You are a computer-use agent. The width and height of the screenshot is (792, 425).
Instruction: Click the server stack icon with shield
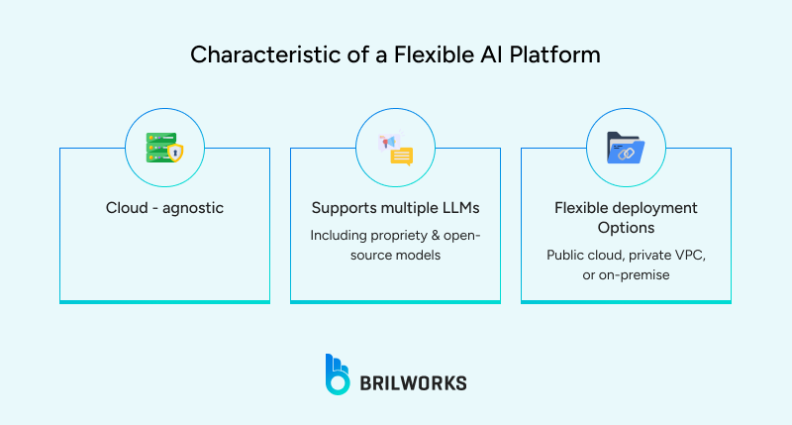pos(163,148)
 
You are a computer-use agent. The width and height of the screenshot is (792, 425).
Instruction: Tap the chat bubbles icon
pos(395,150)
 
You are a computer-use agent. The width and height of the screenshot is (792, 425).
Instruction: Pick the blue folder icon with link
pos(626,149)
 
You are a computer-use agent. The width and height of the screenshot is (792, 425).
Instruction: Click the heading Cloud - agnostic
pos(164,208)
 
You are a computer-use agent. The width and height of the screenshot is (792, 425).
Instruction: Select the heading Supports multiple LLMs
pos(395,208)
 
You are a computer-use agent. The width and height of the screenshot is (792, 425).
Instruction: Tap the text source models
pos(395,257)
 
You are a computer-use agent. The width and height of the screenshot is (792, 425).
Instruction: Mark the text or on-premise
pos(626,275)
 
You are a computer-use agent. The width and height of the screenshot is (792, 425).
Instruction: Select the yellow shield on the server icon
pos(174,153)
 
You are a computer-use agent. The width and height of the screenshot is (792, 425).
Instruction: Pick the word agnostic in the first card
pos(193,208)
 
